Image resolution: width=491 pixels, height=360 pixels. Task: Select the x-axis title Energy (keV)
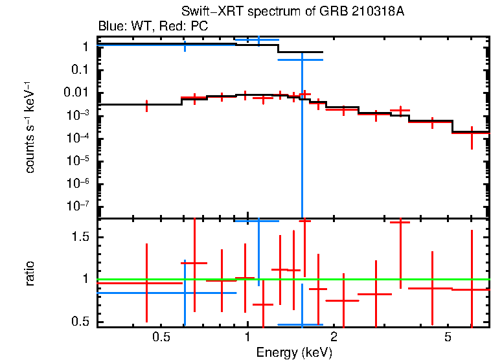pos(294,352)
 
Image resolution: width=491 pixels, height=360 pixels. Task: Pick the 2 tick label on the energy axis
pos(334,337)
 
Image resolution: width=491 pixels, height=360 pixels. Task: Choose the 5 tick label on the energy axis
pos(448,337)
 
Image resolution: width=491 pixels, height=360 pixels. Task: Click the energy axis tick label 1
pos(247,337)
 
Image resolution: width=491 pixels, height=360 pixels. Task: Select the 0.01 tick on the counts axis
pos(76,93)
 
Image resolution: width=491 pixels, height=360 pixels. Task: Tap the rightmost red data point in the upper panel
pos(471,133)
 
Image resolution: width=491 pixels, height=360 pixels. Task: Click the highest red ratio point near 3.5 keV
pos(400,222)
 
